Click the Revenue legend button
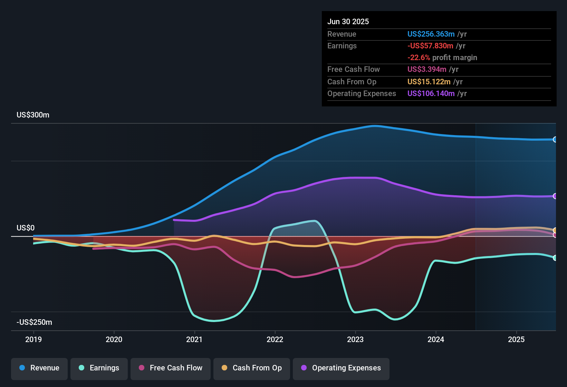coord(39,368)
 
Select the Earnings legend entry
coord(99,368)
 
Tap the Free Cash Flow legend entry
coord(171,368)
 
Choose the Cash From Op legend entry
coord(252,368)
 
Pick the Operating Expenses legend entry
coord(341,368)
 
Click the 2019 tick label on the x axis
coord(33,339)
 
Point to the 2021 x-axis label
coord(194,339)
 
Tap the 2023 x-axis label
coord(355,339)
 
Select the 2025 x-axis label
coord(516,339)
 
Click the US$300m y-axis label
coord(33,115)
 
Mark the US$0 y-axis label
coord(26,228)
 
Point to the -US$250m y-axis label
coord(35,322)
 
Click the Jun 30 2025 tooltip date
coord(348,22)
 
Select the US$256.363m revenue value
coord(431,34)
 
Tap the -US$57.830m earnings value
coord(430,46)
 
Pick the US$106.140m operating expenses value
coord(431,94)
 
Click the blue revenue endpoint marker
coord(555,140)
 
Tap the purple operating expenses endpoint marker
coord(555,196)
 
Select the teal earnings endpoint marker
coord(555,258)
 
